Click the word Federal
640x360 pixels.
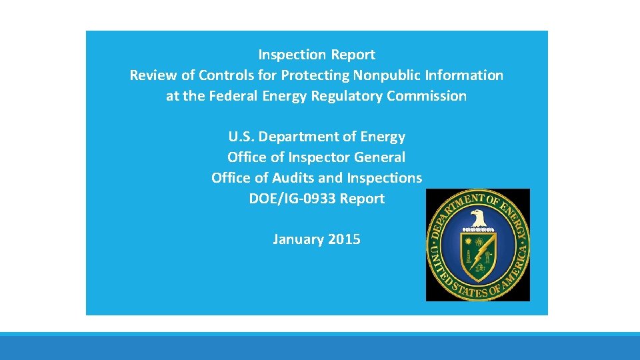tap(233, 96)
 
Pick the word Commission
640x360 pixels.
tap(427, 96)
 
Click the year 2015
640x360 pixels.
tap(345, 240)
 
